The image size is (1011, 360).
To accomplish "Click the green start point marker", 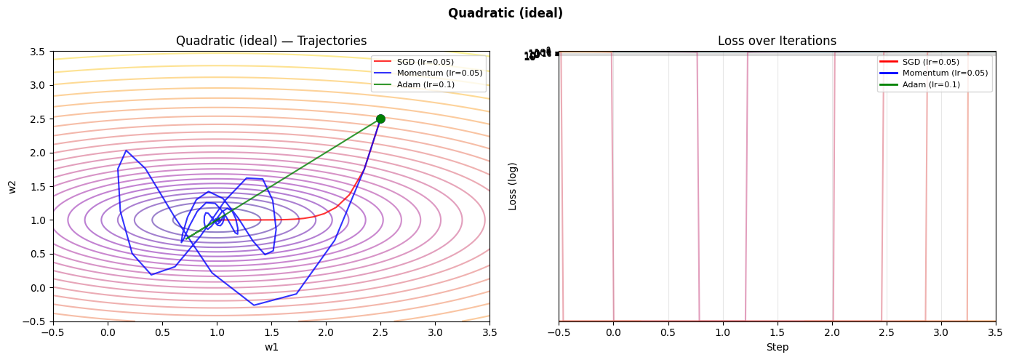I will click(x=380, y=119).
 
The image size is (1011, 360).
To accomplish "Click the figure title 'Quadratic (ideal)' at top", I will click(x=505, y=13).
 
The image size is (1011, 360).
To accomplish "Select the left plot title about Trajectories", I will click(x=271, y=41).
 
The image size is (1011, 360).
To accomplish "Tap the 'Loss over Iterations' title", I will click(x=777, y=41).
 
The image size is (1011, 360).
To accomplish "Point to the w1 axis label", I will click(x=271, y=347).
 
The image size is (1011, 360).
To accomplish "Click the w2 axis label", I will click(x=12, y=187).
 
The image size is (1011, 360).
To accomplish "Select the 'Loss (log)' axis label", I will click(x=513, y=186).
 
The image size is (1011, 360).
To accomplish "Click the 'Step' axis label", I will click(x=777, y=347).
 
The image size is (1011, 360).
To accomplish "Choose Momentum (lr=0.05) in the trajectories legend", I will click(x=439, y=73).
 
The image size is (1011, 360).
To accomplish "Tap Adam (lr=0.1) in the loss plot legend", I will click(x=931, y=84).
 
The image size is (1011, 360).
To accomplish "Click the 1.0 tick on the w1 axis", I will click(x=217, y=333).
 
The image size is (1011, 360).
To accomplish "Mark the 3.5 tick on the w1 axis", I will click(x=489, y=333).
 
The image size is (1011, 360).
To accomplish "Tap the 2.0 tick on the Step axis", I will click(x=832, y=333).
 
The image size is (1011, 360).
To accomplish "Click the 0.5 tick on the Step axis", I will click(x=668, y=333).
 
